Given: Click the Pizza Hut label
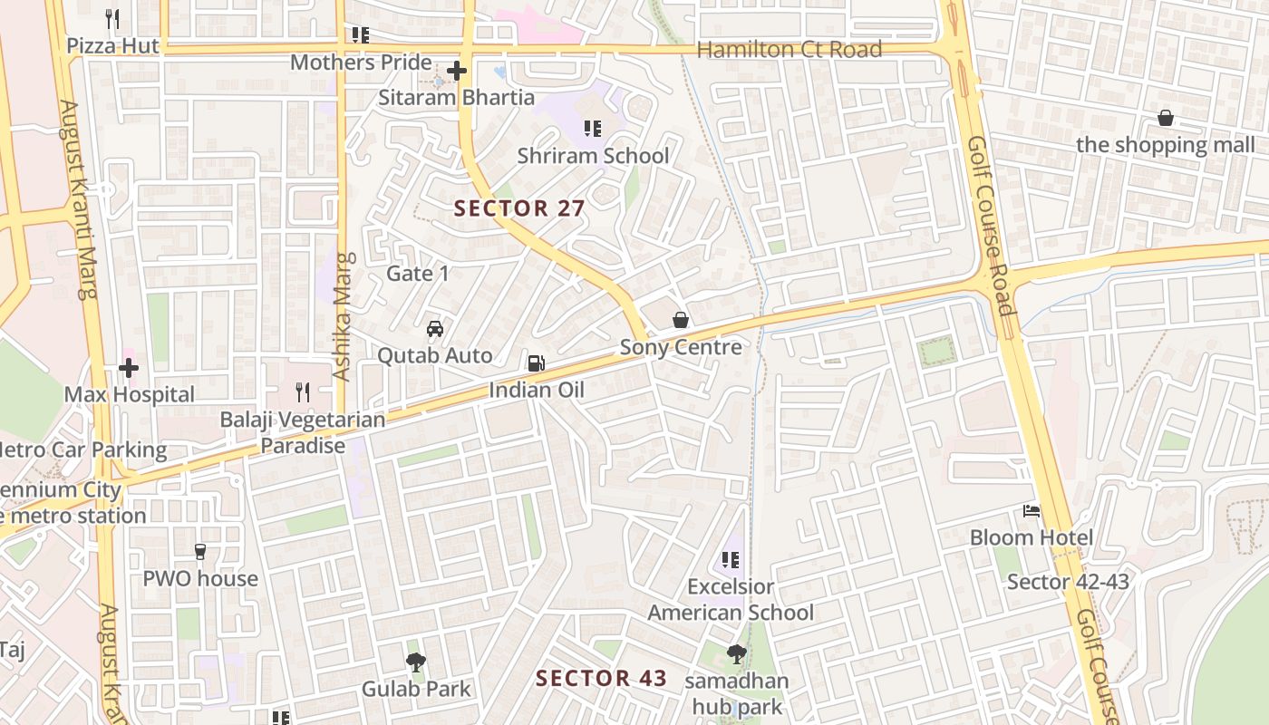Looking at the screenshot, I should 113,45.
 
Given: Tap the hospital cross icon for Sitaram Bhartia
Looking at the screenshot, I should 457,70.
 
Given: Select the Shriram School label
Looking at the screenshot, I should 593,156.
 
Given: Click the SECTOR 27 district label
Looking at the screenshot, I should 519,208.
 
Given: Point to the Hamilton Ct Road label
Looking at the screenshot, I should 789,50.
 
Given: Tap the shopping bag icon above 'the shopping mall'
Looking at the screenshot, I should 1166,118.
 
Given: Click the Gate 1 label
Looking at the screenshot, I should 418,274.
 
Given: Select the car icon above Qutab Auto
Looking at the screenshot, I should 435,328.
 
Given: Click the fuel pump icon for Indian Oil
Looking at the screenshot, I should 537,362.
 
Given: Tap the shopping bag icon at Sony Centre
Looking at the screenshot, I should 681,320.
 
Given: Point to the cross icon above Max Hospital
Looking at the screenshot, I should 129,368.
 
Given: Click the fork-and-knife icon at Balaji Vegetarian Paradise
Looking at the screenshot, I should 303,391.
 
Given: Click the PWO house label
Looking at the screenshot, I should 200,579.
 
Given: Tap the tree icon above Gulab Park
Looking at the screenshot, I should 416,662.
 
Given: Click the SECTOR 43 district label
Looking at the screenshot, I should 601,678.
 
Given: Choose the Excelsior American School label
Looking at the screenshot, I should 731,600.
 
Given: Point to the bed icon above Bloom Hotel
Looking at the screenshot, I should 1032,511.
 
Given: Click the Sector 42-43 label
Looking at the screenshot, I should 1068,582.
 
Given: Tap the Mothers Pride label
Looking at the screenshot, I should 361,63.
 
